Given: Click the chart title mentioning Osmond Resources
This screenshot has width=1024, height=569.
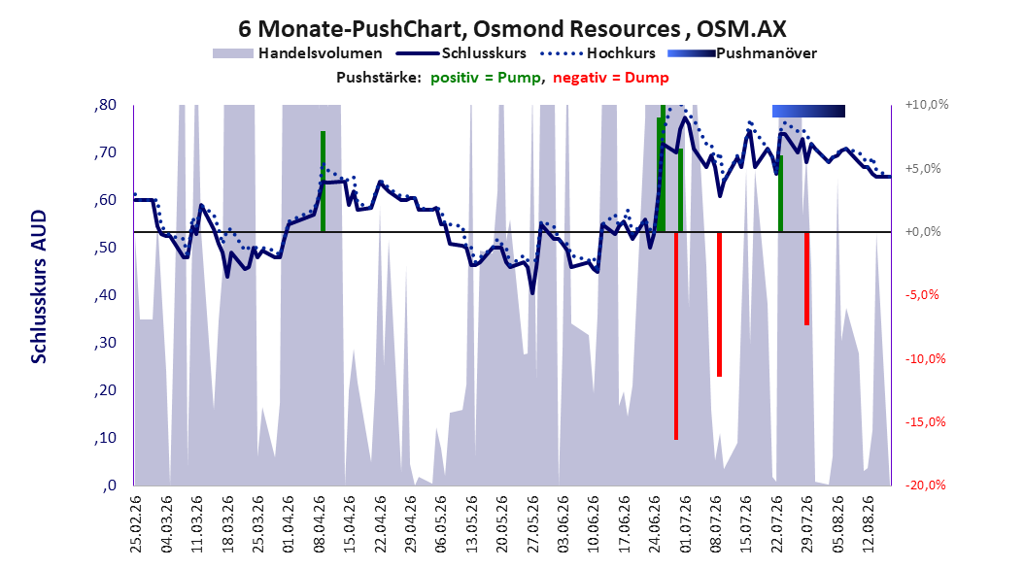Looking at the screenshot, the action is (512, 29).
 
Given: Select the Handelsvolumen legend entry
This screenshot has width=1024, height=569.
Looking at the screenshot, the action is (297, 53).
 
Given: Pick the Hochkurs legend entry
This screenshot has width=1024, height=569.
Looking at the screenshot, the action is (597, 53).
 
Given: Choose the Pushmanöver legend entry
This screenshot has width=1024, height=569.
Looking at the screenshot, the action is (742, 53).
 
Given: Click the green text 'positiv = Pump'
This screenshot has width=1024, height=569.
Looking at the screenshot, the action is (486, 78).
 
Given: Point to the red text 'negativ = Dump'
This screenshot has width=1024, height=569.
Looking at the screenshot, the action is (611, 78).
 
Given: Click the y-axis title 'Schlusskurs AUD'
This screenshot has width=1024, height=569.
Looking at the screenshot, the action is (39, 286).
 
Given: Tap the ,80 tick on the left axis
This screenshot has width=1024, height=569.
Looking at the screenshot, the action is (105, 105).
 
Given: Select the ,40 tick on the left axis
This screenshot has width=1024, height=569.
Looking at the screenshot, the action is (105, 295).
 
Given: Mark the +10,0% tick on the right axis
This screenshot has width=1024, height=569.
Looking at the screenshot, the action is (927, 105).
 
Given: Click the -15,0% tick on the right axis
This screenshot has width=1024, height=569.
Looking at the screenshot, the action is (925, 422).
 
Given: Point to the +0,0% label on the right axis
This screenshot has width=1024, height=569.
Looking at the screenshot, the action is (923, 232).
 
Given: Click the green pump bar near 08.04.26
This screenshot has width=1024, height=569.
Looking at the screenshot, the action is (323, 182).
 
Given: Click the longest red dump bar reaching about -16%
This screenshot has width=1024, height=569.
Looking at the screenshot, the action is (676, 336).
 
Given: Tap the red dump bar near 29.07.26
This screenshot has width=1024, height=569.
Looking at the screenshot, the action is (807, 279).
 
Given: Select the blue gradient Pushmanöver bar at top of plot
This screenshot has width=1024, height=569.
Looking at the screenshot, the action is (808, 111).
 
